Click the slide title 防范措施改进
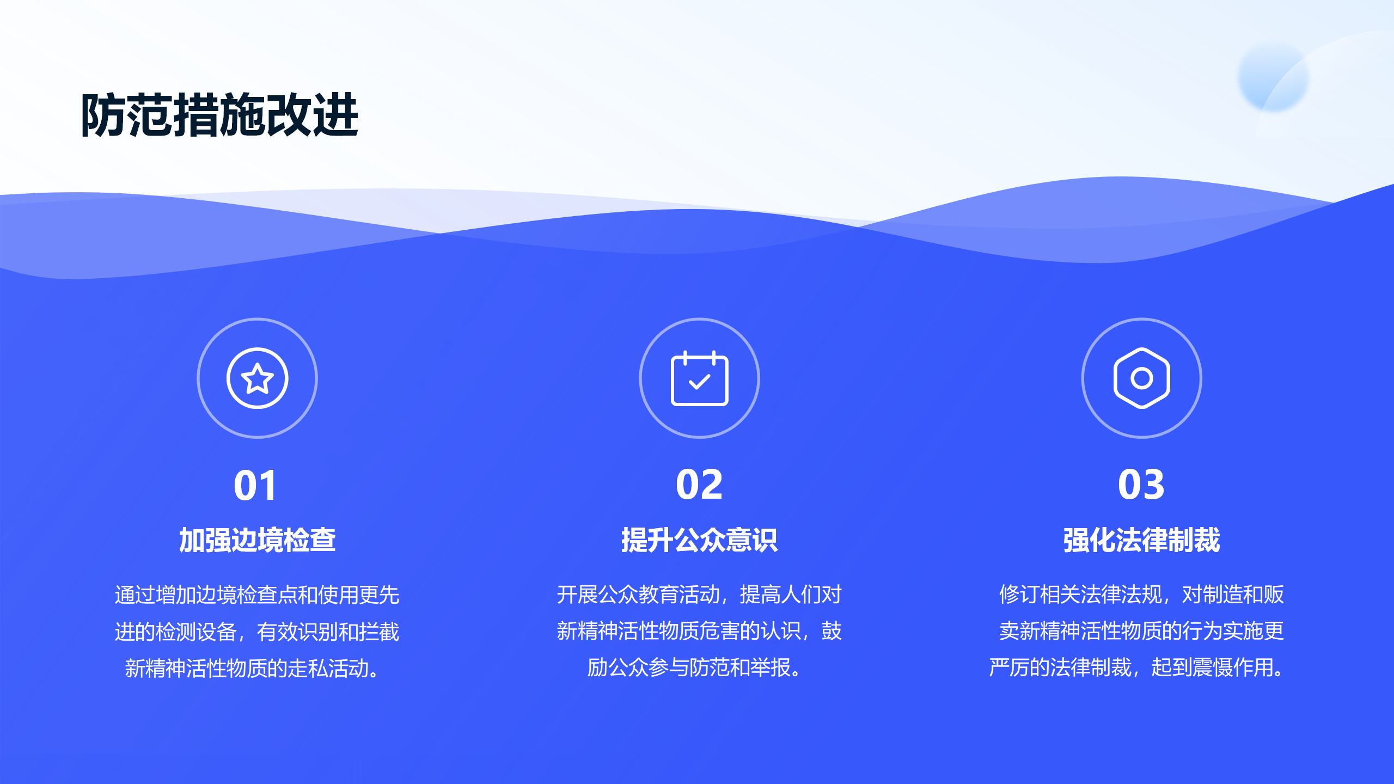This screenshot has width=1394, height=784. [219, 115]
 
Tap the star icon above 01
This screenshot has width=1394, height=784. [257, 378]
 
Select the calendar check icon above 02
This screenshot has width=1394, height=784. [699, 378]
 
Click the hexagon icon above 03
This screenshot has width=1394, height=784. [1141, 378]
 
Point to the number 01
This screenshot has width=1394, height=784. [255, 485]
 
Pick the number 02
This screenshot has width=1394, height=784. [699, 485]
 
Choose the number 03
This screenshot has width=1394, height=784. [1141, 485]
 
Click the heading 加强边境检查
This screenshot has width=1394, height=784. [257, 540]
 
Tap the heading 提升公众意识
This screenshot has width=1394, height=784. [699, 540]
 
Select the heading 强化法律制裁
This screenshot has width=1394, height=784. [1141, 540]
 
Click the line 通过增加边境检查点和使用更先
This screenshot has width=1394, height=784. [257, 595]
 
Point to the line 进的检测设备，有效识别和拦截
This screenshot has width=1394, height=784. [257, 632]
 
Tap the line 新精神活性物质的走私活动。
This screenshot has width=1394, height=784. [252, 668]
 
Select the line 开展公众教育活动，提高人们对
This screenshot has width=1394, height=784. [699, 595]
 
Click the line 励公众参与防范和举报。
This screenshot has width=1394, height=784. [694, 667]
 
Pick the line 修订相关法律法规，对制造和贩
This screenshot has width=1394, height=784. [1141, 595]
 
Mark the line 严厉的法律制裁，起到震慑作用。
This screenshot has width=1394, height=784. [1136, 667]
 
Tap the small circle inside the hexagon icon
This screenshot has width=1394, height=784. [1141, 378]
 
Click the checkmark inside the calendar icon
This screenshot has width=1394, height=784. [699, 381]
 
